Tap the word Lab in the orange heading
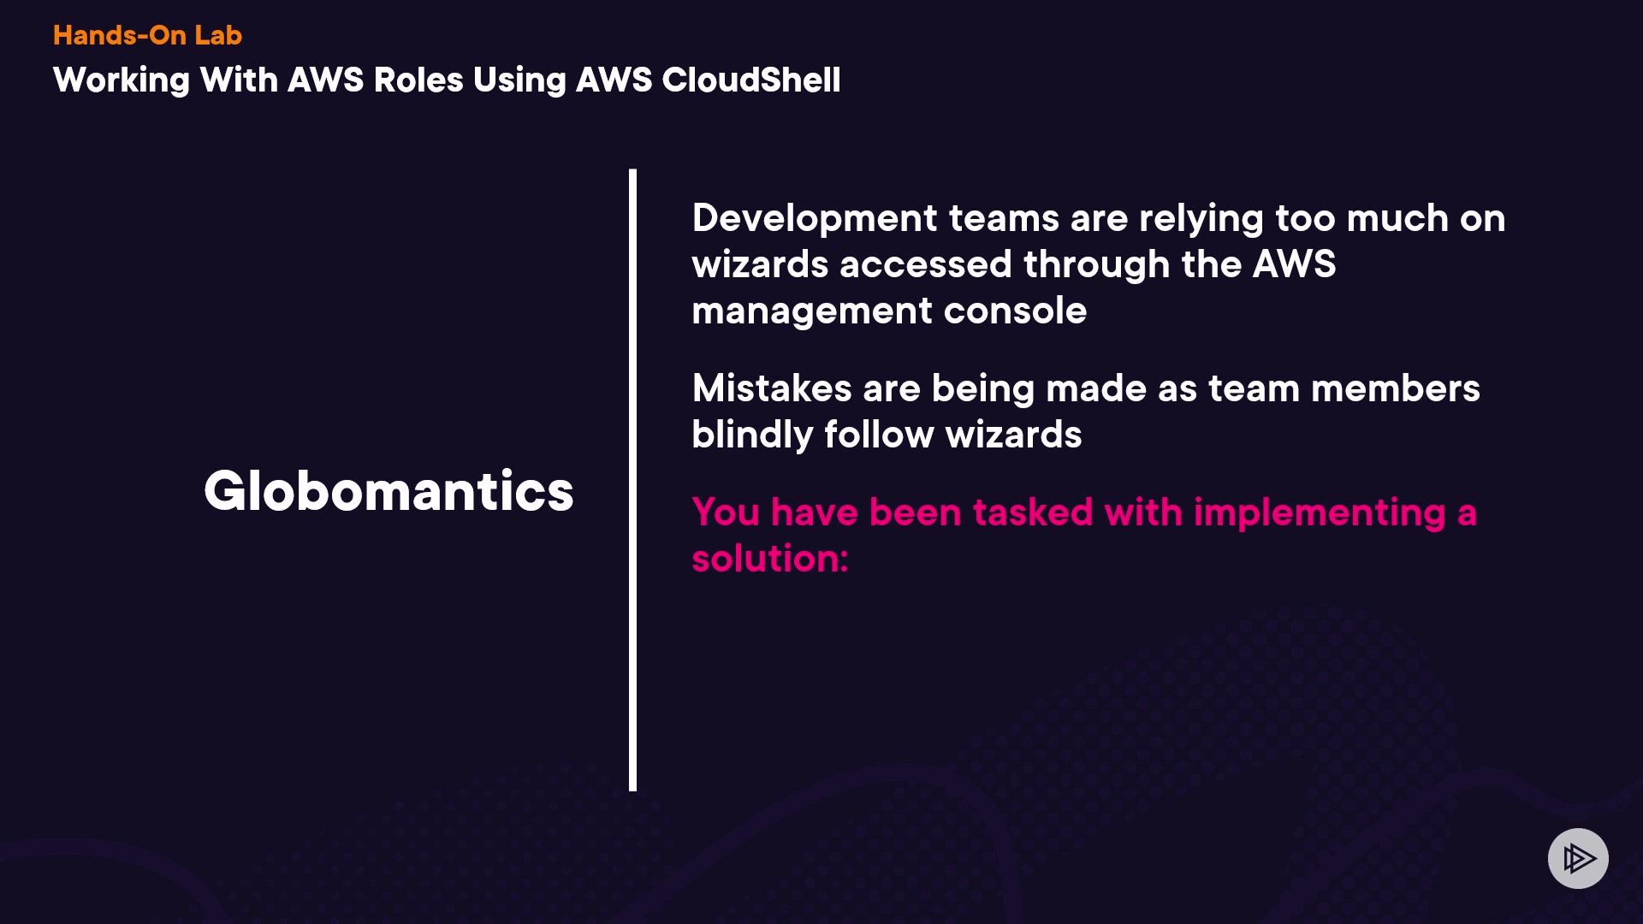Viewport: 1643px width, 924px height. (218, 35)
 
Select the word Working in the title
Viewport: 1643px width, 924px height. (121, 80)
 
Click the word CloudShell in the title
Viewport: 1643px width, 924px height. (750, 80)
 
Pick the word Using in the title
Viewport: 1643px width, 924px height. (519, 80)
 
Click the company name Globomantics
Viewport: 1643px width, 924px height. (389, 491)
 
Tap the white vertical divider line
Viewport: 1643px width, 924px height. (632, 479)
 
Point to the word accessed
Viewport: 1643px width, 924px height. (926, 264)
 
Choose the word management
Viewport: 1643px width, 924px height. (811, 311)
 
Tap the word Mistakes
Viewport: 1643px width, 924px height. (771, 388)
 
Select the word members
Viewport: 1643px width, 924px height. (1395, 388)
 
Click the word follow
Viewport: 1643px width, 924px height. (879, 435)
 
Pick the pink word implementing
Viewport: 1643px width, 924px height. (1319, 513)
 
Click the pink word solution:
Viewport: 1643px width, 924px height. (769, 559)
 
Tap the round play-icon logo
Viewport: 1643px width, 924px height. (1578, 858)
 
